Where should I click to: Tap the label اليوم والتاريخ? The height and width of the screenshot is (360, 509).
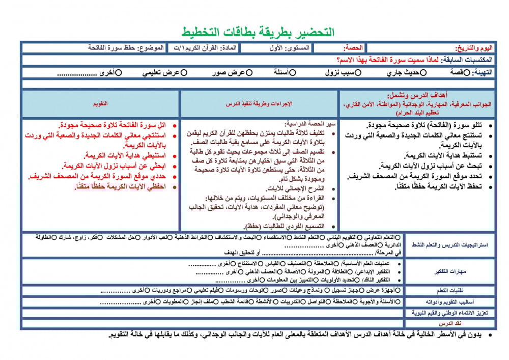point(472,48)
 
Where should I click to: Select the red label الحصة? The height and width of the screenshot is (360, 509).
point(353,48)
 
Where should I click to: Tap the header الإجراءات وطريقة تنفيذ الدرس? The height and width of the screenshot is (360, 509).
point(260,103)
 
